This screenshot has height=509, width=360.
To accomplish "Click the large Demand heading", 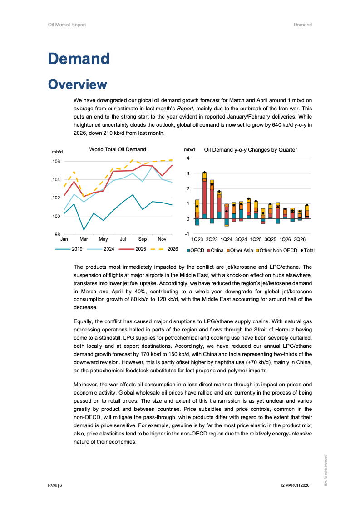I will pos(79,59).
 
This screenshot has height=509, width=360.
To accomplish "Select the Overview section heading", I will pos(78,84).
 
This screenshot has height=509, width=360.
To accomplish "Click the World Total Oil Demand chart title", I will pos(118,149).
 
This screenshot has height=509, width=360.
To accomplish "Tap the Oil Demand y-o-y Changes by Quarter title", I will pos(251,149).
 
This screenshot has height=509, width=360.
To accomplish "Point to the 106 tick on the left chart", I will pos(56,162).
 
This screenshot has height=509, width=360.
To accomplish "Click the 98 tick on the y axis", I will pos(57,234).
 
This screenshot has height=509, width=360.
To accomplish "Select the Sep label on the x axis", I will pos(143,239).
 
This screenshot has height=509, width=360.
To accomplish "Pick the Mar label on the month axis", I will pos(84,239).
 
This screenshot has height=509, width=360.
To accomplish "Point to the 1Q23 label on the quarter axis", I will pos(197,239).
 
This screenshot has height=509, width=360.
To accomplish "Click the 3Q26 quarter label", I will pos(299,239).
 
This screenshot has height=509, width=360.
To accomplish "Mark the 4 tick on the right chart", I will pos(188,158).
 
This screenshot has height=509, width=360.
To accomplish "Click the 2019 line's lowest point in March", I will pos(84,230).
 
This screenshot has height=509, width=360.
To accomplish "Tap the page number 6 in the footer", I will pos(60,485).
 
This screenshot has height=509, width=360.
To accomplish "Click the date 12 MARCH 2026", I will pos(295,485).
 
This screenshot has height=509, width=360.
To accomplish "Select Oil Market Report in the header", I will pos(67,25).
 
